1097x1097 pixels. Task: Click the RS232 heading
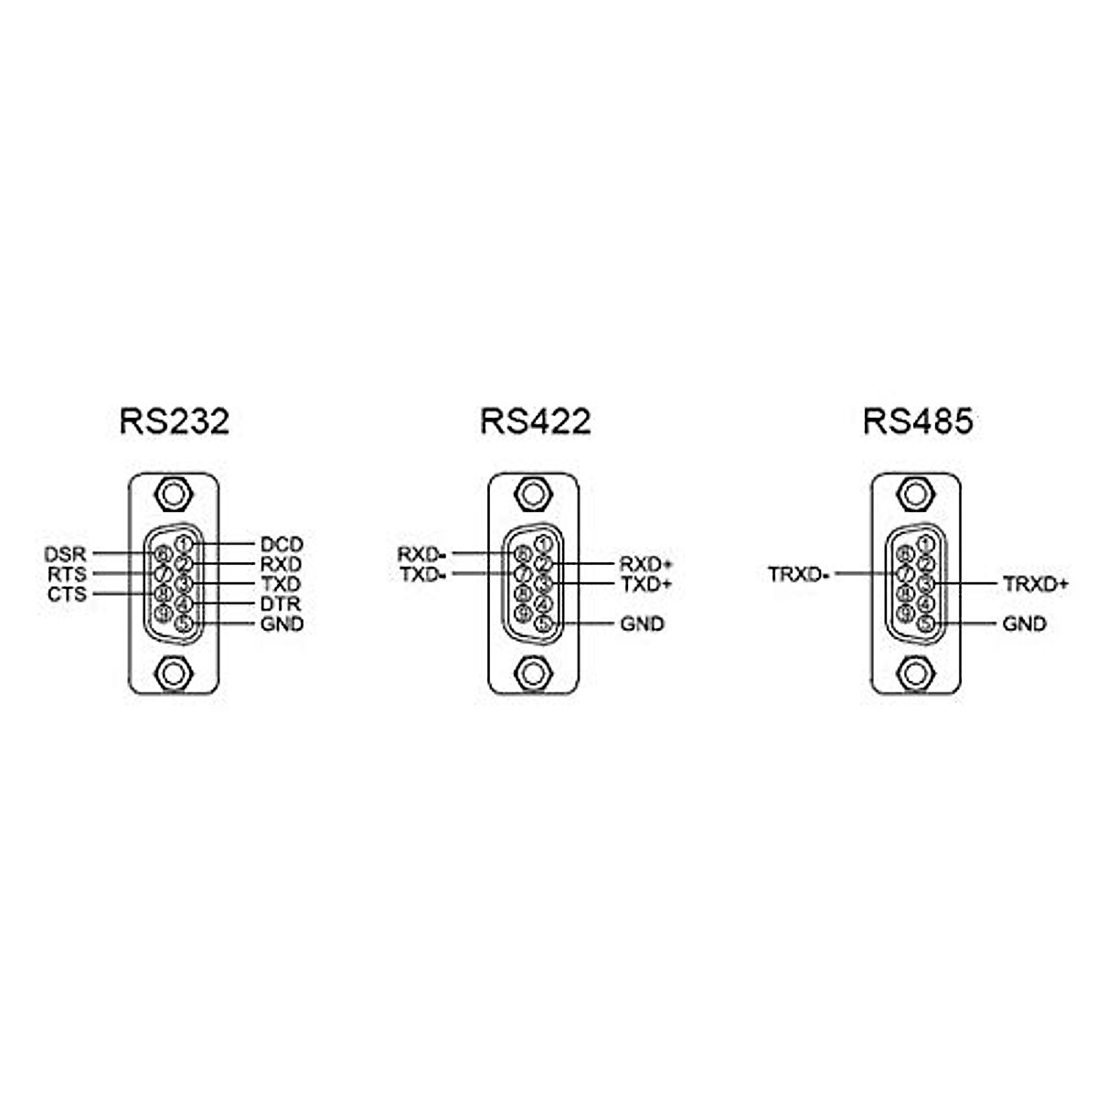tap(174, 421)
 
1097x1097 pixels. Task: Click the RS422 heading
tap(535, 421)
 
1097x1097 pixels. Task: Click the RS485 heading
tap(917, 421)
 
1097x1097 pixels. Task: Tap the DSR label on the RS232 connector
tap(65, 554)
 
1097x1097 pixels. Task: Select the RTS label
tap(67, 574)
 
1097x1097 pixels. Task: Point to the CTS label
tap(67, 594)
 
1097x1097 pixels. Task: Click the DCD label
tap(281, 545)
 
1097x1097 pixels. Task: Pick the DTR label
tap(281, 604)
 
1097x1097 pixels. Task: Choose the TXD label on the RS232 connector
tap(281, 584)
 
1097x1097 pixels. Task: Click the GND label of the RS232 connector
tap(281, 624)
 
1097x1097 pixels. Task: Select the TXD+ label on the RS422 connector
tap(646, 584)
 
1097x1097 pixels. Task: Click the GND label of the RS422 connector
tap(642, 624)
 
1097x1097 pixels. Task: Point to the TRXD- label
tap(798, 575)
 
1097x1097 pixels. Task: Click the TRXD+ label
tap(1035, 584)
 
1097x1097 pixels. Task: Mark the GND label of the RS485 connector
tap(1024, 624)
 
